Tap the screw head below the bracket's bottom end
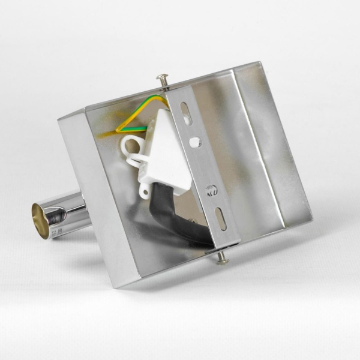222,259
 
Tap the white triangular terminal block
163,150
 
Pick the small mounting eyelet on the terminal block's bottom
145,191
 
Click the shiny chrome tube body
69,213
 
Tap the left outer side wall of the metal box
96,192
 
